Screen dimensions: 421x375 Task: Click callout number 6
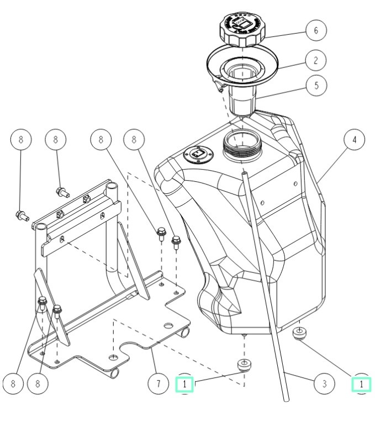315,30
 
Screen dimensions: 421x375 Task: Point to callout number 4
354,139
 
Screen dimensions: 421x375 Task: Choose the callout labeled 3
324,382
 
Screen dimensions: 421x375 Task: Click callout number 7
158,382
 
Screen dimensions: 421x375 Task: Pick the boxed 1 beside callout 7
185,383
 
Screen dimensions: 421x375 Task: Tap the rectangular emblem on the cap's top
242,24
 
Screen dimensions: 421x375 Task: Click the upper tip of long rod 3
243,173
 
